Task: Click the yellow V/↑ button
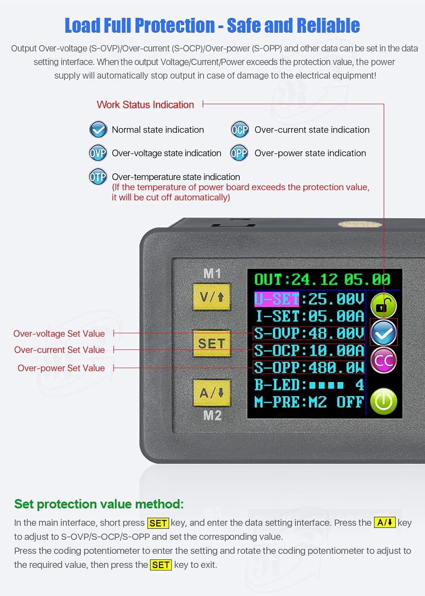(211, 296)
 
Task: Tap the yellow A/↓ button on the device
(212, 392)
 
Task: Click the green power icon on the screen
(383, 401)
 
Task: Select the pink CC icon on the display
(383, 360)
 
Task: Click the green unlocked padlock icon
(383, 305)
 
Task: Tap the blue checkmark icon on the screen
(383, 333)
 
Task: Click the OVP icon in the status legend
(98, 153)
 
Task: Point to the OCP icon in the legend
(240, 130)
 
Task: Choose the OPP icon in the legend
(239, 153)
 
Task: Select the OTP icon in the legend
(98, 177)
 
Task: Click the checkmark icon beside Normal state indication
(98, 130)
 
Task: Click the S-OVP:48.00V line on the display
(309, 333)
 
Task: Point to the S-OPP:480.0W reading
(309, 367)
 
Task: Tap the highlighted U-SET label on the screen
(277, 299)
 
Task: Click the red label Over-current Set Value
(59, 350)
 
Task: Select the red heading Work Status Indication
(145, 105)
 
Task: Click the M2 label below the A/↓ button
(212, 415)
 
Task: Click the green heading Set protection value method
(99, 504)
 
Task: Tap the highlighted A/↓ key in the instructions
(385, 522)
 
